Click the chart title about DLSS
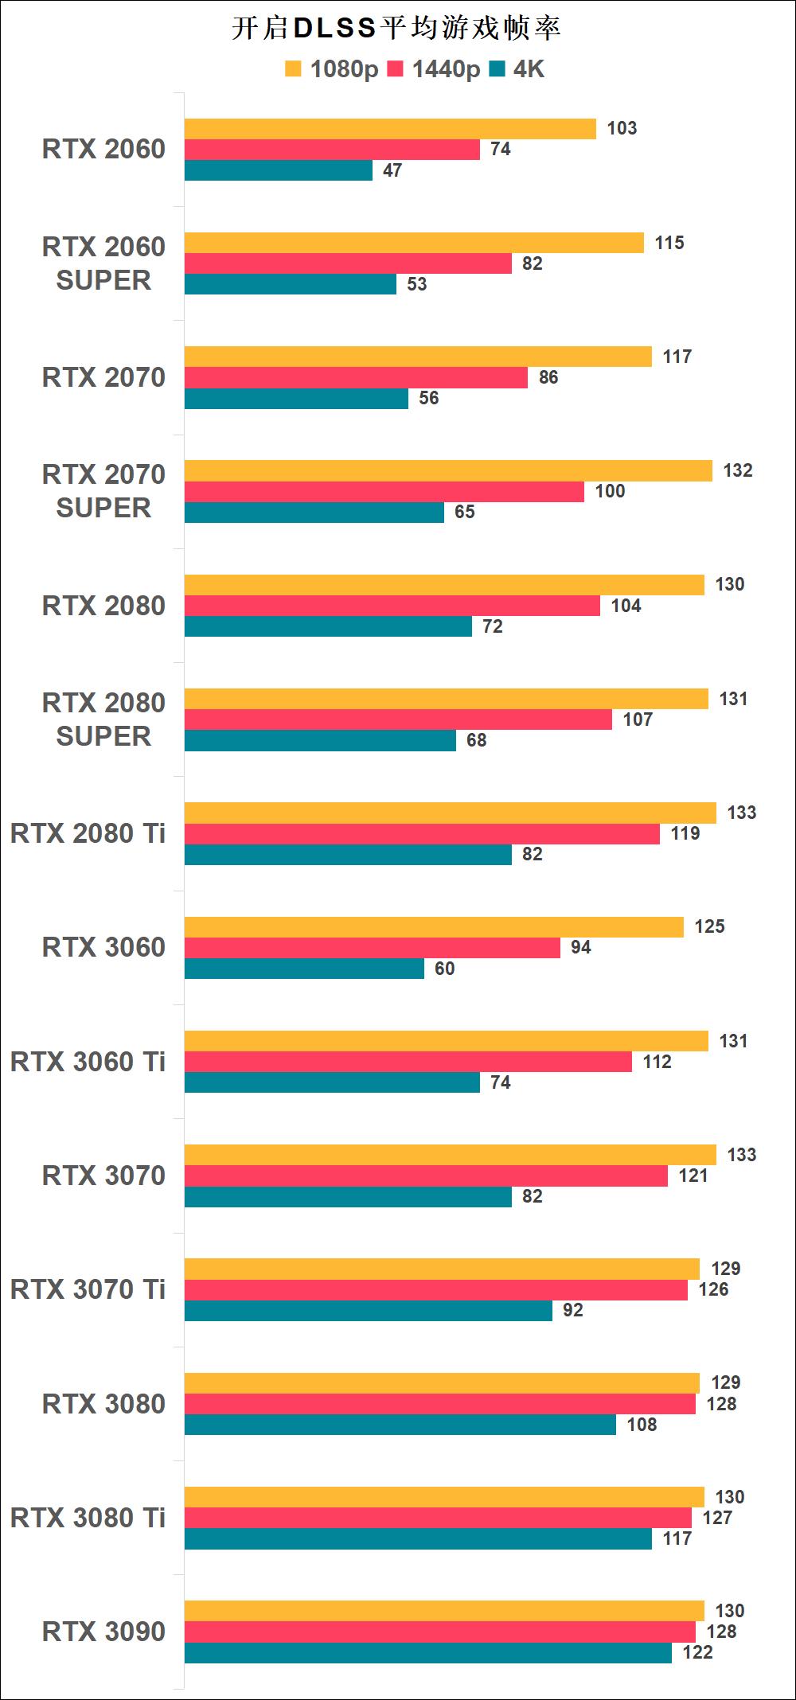[396, 29]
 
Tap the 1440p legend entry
[434, 70]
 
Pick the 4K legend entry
[518, 70]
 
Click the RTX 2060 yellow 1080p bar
[390, 129]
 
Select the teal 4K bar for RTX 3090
[428, 1652]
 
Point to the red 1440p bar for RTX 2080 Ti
[422, 833]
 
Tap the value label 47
[392, 170]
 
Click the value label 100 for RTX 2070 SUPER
[610, 491]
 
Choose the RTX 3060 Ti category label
[88, 1062]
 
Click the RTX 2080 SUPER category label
[103, 719]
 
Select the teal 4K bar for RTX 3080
[400, 1425]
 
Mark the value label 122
[697, 1652]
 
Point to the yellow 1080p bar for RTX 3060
[434, 927]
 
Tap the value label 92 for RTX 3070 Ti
[573, 1310]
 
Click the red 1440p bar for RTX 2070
[356, 377]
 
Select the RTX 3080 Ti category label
[88, 1518]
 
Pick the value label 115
[669, 243]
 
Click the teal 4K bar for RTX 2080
[328, 626]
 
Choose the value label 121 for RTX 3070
[693, 1176]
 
